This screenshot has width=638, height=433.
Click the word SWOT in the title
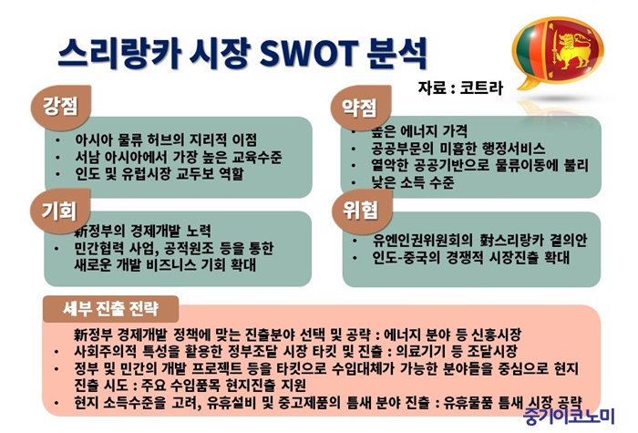point(306,53)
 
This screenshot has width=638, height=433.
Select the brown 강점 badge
point(61,107)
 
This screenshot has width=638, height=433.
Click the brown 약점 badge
point(361,108)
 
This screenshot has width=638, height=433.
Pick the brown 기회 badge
point(60,211)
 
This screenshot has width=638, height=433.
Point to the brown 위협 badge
point(362,211)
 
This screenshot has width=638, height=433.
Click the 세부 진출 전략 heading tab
point(110,308)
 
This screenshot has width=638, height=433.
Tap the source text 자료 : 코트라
point(460,88)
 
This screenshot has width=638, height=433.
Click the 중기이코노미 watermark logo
point(569,416)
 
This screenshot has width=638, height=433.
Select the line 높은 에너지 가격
point(419,131)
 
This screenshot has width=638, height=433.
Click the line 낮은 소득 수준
point(413,182)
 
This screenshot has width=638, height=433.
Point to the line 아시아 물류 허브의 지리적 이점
point(166,140)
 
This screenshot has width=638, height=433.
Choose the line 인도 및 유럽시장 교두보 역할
point(159,174)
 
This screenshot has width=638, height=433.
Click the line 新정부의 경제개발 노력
point(143,231)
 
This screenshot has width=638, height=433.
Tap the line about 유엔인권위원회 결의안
point(480,240)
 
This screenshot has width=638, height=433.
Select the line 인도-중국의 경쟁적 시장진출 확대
point(471,257)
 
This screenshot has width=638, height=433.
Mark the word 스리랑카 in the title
point(118,53)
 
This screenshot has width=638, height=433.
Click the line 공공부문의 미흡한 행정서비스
point(458,148)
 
